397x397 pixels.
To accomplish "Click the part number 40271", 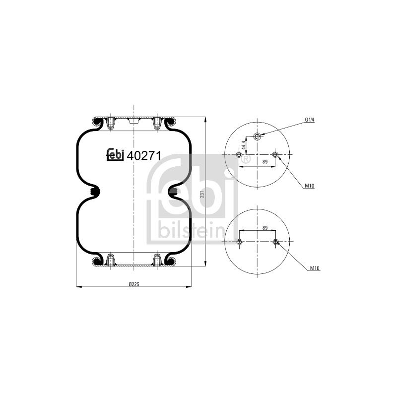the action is [143, 155].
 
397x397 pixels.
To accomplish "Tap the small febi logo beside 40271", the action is [115, 154].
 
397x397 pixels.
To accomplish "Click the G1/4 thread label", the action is [309, 120].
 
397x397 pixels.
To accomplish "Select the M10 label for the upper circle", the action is [309, 186].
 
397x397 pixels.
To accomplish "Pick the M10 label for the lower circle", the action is [315, 268].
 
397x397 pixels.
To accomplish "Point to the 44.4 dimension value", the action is [244, 145].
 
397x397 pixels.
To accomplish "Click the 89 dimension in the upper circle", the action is [265, 162].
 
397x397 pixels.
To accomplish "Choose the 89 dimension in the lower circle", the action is [265, 228].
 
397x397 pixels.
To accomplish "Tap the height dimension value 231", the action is [202, 194].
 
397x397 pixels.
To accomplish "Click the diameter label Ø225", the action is [134, 284].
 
